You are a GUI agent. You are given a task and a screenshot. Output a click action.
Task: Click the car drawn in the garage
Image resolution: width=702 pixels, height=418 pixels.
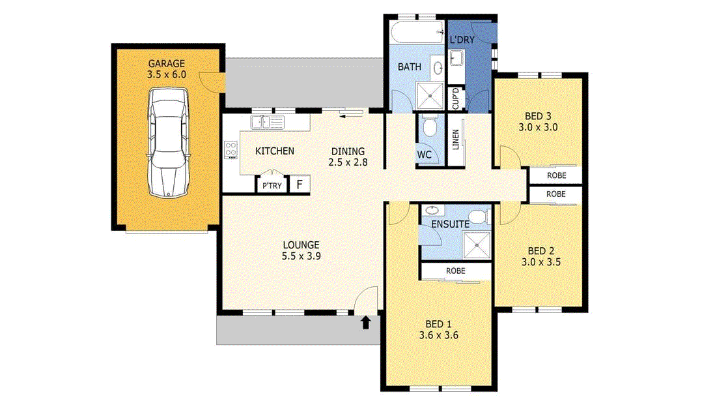(x=169, y=142)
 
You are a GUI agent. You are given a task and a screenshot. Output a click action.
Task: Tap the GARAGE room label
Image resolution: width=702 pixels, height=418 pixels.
(x=167, y=64)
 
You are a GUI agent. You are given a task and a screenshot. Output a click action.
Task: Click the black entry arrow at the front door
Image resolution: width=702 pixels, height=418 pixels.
(x=366, y=321)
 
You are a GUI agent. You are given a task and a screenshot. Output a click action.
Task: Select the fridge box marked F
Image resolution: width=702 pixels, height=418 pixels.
(x=300, y=185)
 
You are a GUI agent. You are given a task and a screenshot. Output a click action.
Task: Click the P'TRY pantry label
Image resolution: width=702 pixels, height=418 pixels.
(x=272, y=186)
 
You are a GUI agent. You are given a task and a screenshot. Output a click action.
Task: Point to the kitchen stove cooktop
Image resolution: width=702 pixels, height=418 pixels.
(x=231, y=149)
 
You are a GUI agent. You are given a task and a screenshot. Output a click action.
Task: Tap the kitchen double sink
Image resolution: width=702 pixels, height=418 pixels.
(x=267, y=121)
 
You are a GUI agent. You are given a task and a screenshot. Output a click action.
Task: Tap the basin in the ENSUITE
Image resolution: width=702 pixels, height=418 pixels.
(x=431, y=211)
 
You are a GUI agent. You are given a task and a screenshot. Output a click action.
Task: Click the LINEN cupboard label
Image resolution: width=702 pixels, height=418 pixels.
(x=456, y=141)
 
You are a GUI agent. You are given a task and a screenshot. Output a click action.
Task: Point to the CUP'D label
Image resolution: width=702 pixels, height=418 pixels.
(x=456, y=98)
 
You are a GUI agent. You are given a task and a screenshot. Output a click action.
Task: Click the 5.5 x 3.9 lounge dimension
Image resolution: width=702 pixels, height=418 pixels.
(x=301, y=256)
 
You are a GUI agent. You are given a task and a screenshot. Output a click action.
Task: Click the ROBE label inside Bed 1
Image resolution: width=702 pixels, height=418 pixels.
(x=455, y=270)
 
